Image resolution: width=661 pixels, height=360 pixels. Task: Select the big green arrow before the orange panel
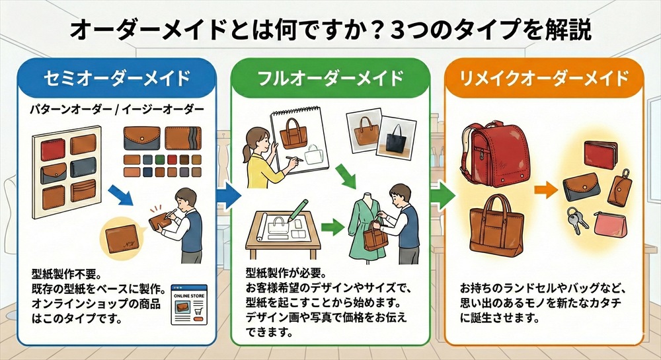pyautogui.click(x=443, y=194)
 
